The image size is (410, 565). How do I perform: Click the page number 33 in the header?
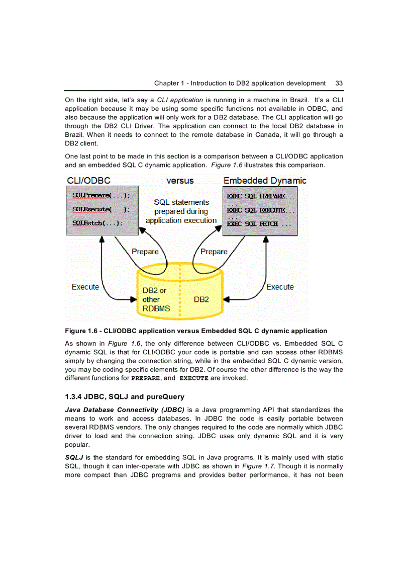tap(339, 83)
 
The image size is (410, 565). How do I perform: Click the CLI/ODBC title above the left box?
tap(88, 180)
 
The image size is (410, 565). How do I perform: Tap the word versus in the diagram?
tap(180, 180)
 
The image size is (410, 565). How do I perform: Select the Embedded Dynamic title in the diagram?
tap(265, 180)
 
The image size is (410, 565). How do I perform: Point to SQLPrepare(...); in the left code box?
tap(101, 195)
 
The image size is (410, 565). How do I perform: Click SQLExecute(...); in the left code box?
tap(101, 209)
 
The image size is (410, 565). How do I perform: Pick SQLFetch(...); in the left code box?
tap(97, 223)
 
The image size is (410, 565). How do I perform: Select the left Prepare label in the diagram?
tap(145, 252)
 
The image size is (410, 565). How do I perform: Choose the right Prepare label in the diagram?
tap(214, 252)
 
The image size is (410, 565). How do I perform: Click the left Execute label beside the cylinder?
tap(85, 287)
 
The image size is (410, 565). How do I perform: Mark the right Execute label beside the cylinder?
tap(280, 287)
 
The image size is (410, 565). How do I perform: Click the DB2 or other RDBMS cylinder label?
tap(156, 299)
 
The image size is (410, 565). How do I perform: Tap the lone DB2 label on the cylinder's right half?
tap(201, 299)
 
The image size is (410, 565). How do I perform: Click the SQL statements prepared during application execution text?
tap(181, 211)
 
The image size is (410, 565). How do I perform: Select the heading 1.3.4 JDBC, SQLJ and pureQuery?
tap(125, 397)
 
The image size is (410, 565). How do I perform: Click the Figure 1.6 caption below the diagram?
tap(196, 331)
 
